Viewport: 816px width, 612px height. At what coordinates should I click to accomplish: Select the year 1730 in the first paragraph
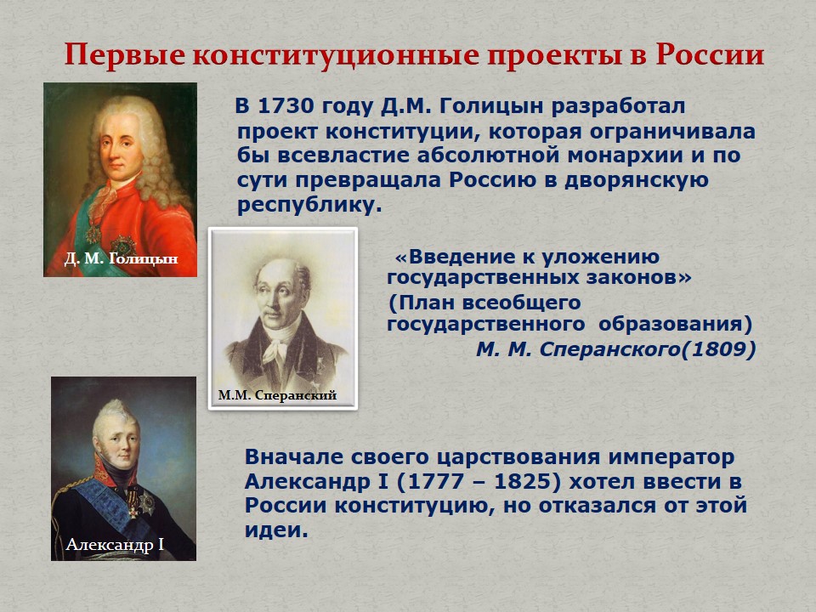coord(286,105)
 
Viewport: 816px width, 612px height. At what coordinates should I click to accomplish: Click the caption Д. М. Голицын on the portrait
coord(121,258)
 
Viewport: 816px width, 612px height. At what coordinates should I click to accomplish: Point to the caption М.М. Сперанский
coord(277,395)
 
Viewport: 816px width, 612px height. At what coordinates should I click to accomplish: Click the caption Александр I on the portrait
coord(115,544)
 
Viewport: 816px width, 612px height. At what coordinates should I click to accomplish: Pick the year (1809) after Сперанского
coord(718,349)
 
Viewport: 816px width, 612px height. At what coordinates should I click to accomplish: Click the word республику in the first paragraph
coord(306,205)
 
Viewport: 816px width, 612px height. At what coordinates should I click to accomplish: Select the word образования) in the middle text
coord(676,324)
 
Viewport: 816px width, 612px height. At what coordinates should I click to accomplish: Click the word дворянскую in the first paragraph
coord(637,180)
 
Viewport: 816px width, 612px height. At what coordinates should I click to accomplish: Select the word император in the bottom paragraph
coord(671,457)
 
